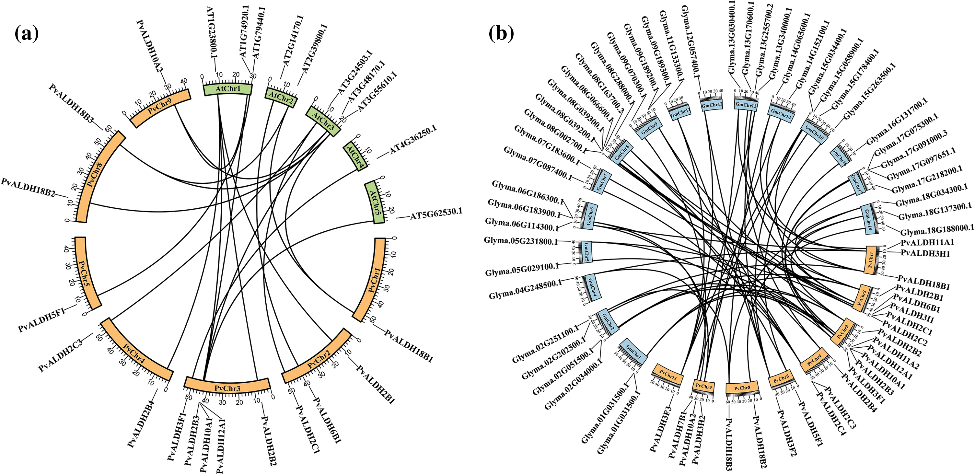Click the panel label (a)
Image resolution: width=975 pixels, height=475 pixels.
(x=27, y=34)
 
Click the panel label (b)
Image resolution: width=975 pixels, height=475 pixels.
(x=501, y=34)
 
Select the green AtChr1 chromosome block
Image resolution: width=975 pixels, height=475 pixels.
(x=227, y=89)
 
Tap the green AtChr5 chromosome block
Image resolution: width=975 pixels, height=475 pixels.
(x=374, y=203)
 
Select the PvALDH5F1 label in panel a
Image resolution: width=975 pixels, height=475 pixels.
(x=41, y=320)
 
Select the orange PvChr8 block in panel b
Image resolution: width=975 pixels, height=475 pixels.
(x=742, y=388)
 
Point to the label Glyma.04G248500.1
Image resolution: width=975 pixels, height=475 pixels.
(x=525, y=290)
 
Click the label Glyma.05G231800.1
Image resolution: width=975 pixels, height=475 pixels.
(x=521, y=241)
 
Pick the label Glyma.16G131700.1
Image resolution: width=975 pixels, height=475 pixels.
(x=896, y=121)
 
